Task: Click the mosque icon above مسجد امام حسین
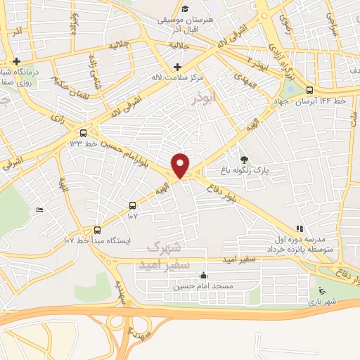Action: (x=204, y=276)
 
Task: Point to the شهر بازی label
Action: (x=322, y=301)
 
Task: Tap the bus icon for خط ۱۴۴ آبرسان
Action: (x=310, y=89)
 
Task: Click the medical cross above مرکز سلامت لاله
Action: (x=176, y=66)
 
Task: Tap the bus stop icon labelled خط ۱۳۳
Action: (x=84, y=132)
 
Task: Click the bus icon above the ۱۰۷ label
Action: (x=133, y=205)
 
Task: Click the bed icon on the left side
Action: (x=39, y=210)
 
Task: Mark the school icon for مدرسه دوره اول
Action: (x=300, y=229)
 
